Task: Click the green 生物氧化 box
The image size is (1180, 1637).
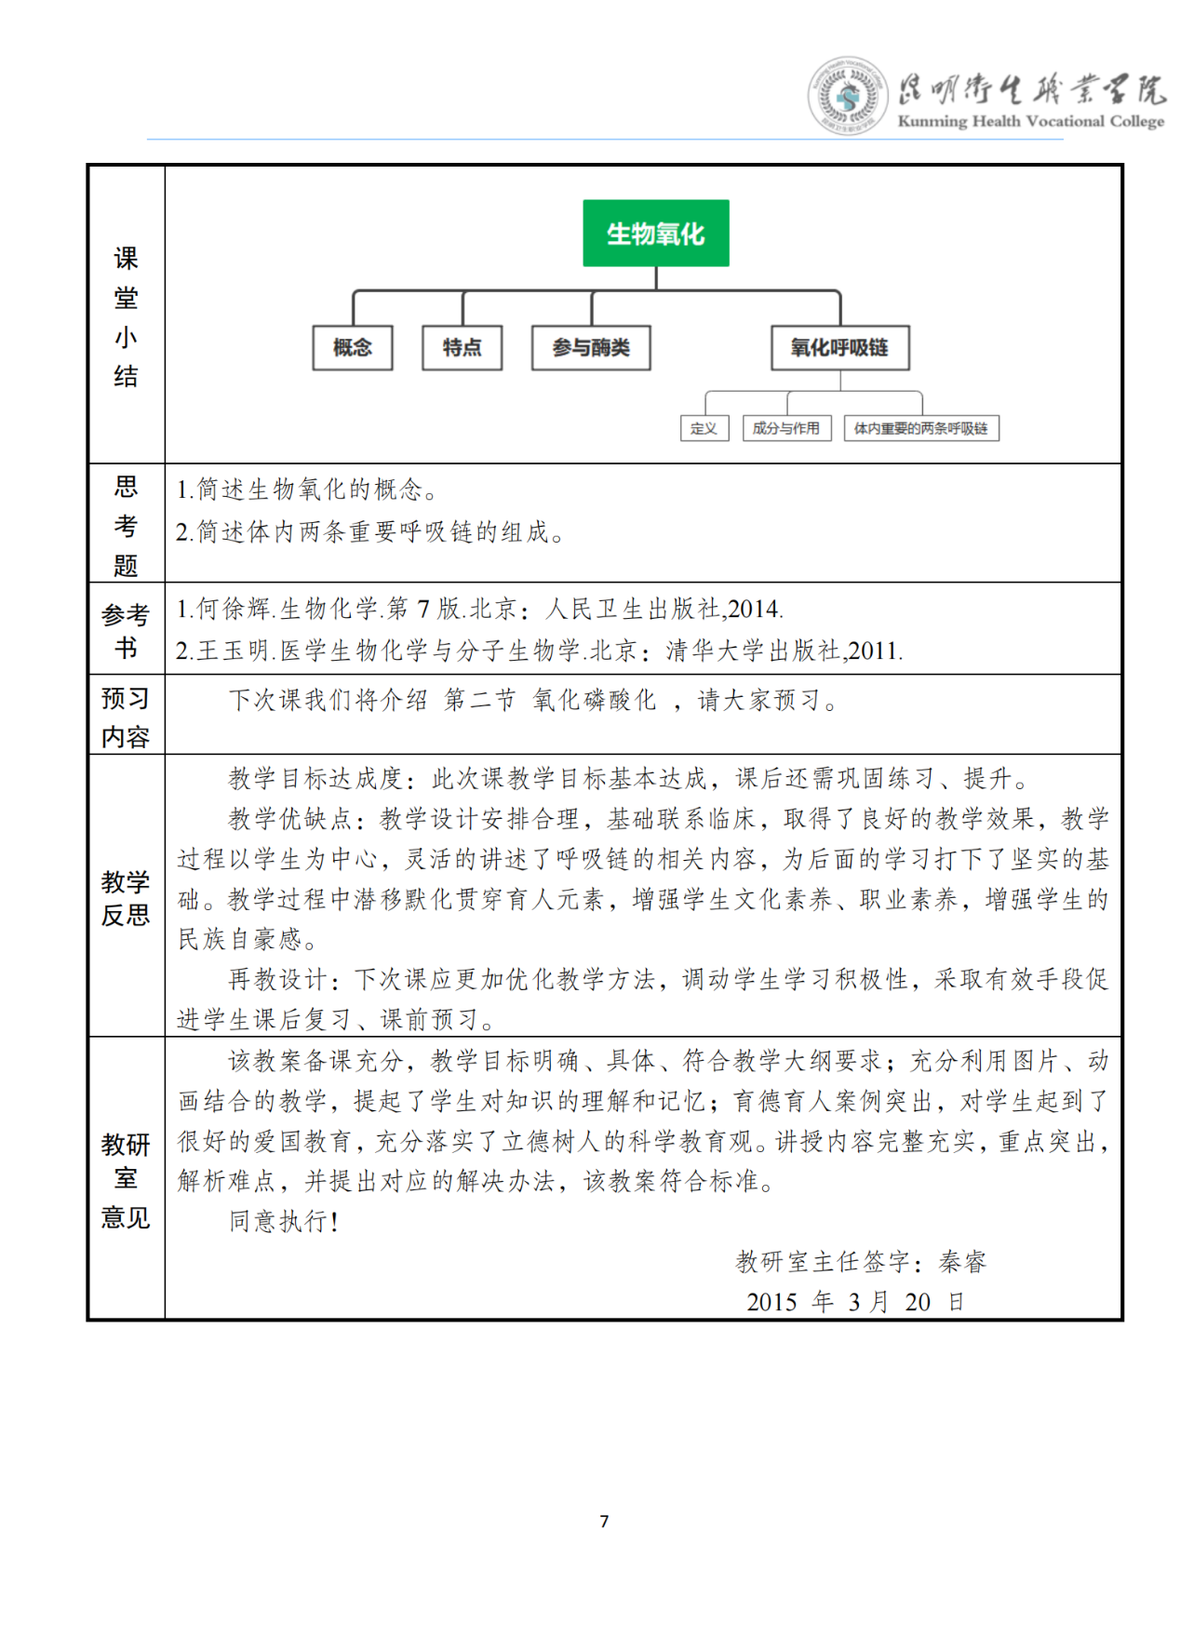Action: click(655, 234)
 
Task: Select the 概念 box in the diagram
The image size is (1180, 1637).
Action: click(352, 348)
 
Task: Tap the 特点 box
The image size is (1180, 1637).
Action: click(462, 348)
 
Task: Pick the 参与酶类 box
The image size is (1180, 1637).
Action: click(591, 348)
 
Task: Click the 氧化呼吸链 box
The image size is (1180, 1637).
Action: click(839, 348)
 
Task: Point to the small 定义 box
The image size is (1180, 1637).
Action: click(704, 428)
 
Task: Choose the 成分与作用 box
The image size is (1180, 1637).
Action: click(786, 428)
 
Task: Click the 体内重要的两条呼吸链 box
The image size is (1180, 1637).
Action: click(920, 428)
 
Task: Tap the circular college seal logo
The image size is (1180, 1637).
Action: click(846, 96)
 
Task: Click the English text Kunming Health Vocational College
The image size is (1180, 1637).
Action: click(1030, 121)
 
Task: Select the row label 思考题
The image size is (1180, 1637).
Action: click(126, 526)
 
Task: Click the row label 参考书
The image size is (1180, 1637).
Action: click(126, 630)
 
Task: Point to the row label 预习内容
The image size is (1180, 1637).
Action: click(126, 718)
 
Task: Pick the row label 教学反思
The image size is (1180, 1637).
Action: click(126, 898)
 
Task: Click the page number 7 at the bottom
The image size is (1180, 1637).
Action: click(604, 1522)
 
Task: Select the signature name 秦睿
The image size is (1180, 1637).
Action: click(962, 1262)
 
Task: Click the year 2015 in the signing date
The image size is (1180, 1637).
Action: click(771, 1302)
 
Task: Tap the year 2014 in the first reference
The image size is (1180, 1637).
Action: click(754, 610)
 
